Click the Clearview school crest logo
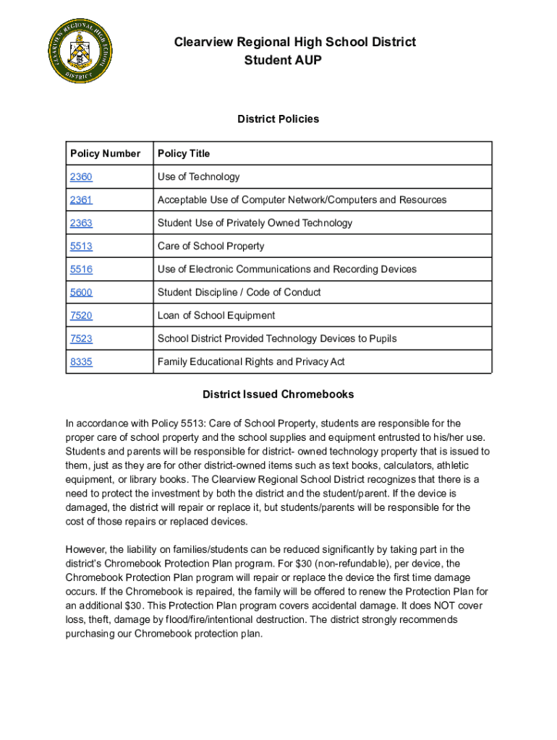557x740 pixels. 80,51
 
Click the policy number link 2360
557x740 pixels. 81,176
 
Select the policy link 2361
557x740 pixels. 81,199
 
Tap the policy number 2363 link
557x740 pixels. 81,223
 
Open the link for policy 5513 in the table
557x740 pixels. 81,246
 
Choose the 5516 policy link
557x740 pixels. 81,269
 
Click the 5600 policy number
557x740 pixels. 81,292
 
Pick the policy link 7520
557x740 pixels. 81,315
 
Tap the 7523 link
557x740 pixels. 81,338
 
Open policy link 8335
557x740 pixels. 81,361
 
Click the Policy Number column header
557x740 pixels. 105,153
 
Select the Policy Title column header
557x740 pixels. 184,153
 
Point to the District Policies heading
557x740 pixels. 278,119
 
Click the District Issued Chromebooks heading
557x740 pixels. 278,395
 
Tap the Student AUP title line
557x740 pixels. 283,61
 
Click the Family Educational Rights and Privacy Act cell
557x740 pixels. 251,361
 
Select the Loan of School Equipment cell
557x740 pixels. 216,315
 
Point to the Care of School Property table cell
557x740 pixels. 211,246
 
